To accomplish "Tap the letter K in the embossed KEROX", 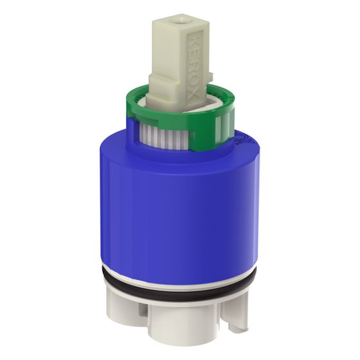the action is click(194, 39).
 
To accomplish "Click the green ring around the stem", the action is click(181, 120).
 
